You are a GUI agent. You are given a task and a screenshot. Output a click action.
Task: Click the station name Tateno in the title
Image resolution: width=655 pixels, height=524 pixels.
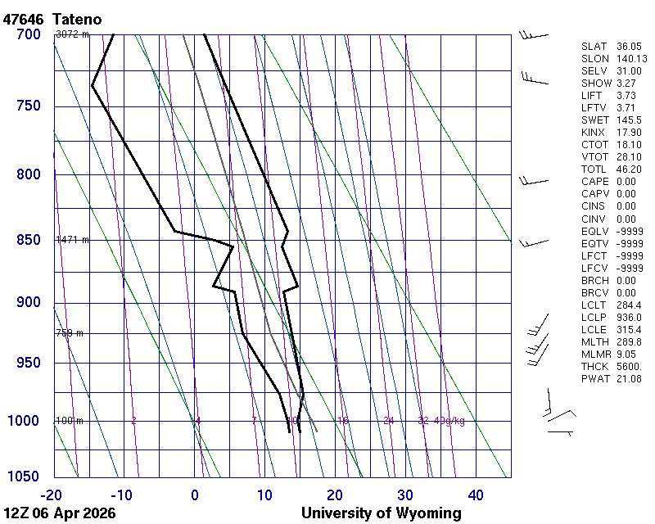[77, 19]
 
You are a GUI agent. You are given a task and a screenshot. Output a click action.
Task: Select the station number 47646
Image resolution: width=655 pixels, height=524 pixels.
[25, 19]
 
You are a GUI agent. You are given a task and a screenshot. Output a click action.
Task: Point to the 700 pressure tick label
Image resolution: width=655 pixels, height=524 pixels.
[29, 34]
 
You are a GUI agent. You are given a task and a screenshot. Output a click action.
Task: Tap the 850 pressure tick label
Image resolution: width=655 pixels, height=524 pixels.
[29, 240]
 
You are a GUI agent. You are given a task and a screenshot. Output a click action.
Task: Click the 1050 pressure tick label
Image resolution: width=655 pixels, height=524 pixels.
[25, 477]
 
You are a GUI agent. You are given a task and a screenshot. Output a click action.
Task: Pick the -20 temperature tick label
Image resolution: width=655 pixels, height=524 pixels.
[52, 495]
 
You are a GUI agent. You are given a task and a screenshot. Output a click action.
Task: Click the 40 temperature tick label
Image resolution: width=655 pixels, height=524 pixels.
[476, 495]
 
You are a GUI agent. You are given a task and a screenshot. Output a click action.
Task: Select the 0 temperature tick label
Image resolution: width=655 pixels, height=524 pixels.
[195, 495]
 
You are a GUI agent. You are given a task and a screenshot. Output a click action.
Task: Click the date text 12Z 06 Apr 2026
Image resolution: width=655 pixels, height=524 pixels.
[60, 513]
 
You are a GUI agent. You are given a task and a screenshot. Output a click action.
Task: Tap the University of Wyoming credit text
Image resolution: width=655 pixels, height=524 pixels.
[381, 513]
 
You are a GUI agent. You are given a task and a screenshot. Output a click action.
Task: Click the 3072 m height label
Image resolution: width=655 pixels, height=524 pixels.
[72, 34]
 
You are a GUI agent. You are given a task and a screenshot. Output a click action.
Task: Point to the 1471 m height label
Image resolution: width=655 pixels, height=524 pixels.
[72, 240]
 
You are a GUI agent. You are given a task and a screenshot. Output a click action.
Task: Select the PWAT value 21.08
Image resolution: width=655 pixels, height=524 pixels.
[629, 378]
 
